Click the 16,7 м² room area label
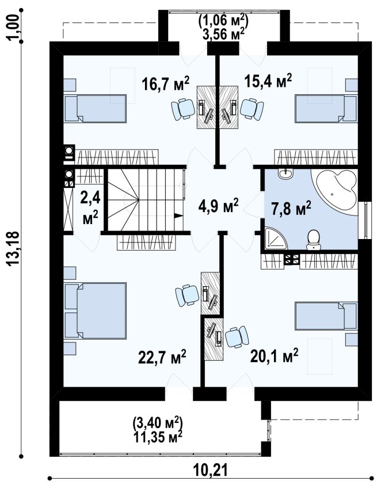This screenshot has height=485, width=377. [x=165, y=83]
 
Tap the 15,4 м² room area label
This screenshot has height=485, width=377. [x=268, y=81]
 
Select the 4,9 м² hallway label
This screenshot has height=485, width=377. [x=218, y=206]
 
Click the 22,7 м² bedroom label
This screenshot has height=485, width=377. [x=162, y=357]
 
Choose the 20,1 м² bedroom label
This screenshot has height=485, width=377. [x=274, y=356]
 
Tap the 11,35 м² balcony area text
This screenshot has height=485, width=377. [x=158, y=437]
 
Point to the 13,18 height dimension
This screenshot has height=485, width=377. [x=14, y=248]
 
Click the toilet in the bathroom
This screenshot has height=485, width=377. [x=314, y=240]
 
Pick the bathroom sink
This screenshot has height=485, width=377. [x=285, y=174]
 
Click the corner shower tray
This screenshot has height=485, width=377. [x=276, y=238]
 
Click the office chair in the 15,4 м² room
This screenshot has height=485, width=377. [x=252, y=109]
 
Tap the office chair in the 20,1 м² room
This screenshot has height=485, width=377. [x=237, y=337]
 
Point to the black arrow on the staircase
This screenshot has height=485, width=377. [x=178, y=216]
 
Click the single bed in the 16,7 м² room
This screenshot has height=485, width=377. [x=95, y=108]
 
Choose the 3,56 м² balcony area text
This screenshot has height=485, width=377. [x=222, y=34]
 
